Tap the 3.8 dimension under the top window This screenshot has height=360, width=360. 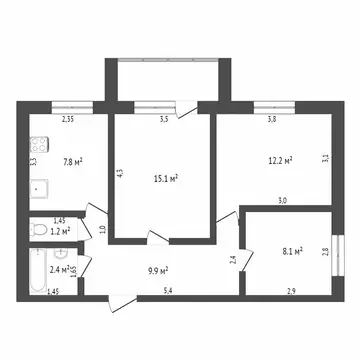tap(271, 118)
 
